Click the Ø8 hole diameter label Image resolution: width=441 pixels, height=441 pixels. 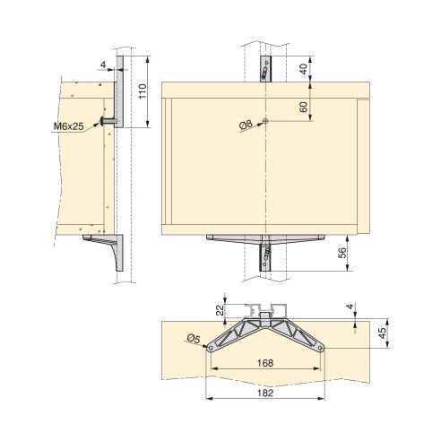(x=247, y=128)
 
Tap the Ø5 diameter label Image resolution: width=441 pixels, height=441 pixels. (x=193, y=338)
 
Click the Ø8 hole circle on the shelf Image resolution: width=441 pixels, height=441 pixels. (x=266, y=123)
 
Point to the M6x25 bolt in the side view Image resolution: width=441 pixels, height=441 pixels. (x=108, y=120)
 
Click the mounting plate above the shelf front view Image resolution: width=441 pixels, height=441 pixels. (x=265, y=68)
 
